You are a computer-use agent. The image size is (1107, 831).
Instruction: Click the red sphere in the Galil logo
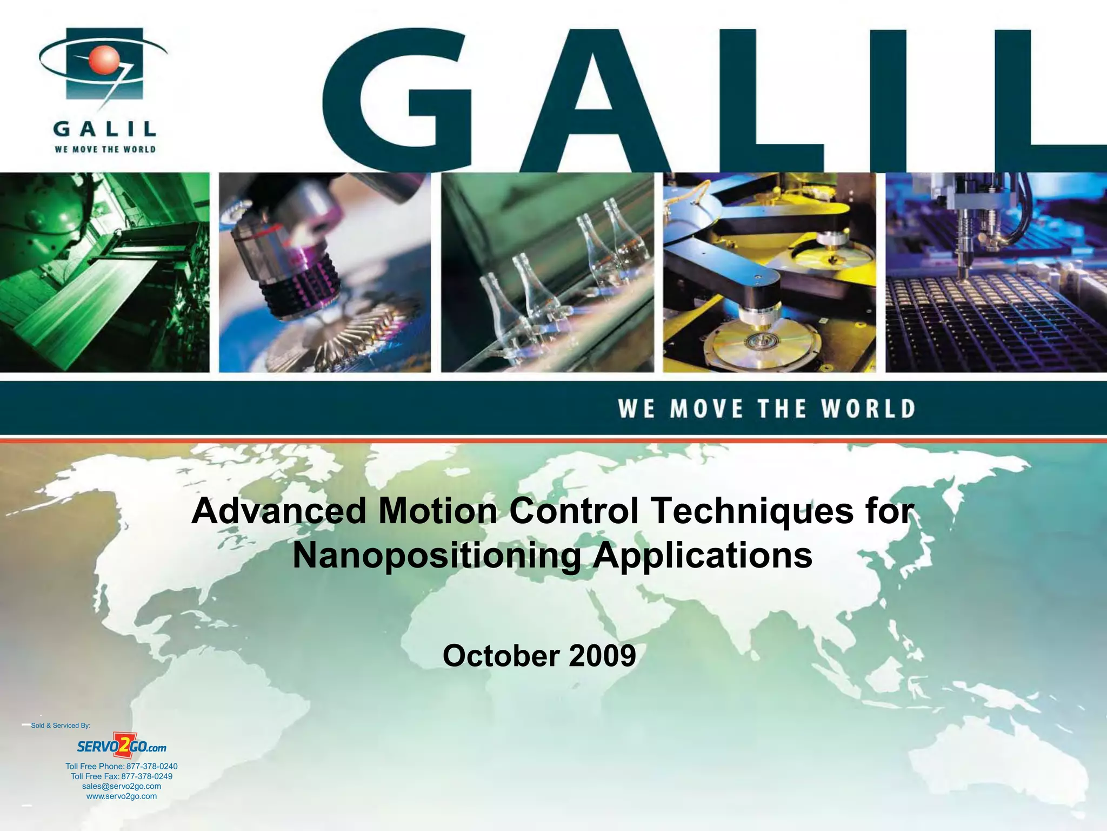(103, 59)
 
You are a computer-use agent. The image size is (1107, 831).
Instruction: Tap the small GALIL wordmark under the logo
(105, 129)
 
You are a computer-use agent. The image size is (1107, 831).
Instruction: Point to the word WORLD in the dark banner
(868, 409)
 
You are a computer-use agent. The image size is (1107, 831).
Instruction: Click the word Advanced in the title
(279, 511)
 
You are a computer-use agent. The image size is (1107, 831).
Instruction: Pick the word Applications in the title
(702, 556)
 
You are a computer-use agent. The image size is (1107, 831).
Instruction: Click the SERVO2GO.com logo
(122, 747)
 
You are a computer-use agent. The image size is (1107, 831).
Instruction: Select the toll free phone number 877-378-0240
(151, 767)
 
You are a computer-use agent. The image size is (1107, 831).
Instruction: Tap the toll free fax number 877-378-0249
(146, 776)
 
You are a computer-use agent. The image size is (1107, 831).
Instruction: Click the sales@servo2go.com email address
(122, 786)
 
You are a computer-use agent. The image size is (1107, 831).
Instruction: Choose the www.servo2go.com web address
(122, 796)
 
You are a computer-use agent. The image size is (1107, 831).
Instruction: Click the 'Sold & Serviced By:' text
(61, 726)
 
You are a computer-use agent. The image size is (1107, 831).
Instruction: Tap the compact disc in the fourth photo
(762, 341)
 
